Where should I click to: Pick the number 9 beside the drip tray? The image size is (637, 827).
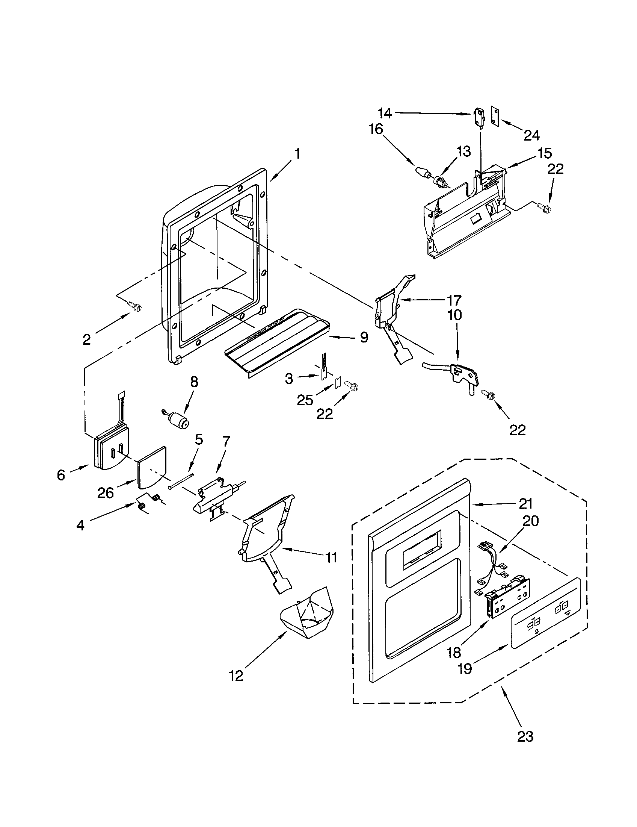(x=364, y=337)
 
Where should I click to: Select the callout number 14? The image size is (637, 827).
(x=385, y=113)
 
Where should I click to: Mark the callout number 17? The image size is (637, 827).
(x=454, y=300)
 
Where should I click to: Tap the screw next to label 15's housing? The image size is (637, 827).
(x=544, y=208)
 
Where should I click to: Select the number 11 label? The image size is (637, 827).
(x=331, y=557)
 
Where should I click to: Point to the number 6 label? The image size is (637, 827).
(x=61, y=475)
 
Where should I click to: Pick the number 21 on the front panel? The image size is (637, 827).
(x=525, y=504)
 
